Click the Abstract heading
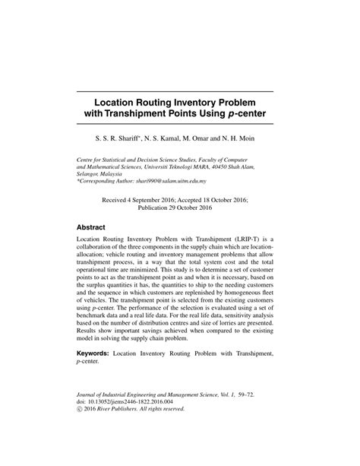pyautogui.click(x=96, y=227)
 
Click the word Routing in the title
pyautogui.click(x=151, y=102)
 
